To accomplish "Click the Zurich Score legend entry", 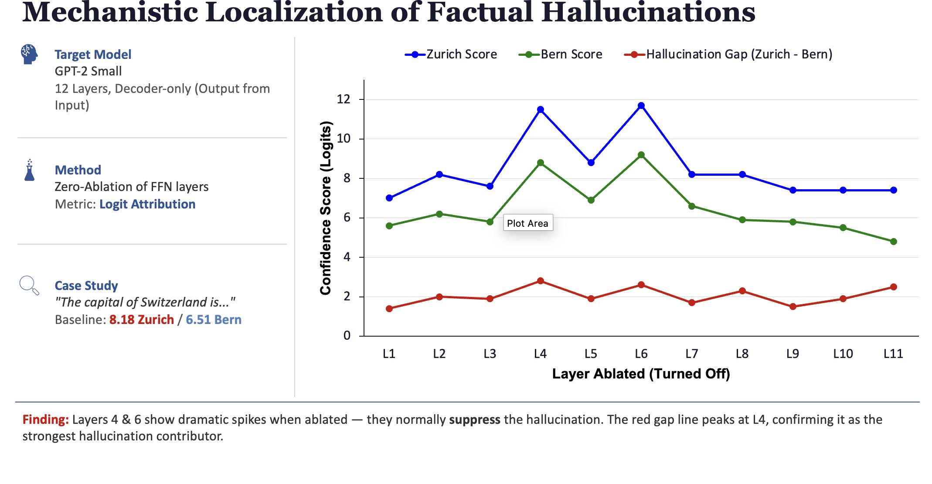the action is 451,55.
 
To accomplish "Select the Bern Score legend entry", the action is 560,55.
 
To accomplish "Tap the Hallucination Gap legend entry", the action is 728,55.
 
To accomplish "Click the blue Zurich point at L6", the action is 641,106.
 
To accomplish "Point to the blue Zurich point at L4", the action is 541,109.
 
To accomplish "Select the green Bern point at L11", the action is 894,242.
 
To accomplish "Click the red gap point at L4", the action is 541,281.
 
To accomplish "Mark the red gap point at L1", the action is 389,309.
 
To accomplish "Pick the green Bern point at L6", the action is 641,155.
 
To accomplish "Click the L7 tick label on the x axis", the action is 692,354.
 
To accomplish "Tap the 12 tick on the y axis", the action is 344,99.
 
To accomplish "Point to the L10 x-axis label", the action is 843,354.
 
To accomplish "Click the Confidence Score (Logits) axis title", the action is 326,208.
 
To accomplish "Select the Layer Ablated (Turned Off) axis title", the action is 641,374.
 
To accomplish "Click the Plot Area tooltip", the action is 528,223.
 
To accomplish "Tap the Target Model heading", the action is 93,55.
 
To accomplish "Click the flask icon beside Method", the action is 30,170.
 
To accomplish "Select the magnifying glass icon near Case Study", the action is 29,286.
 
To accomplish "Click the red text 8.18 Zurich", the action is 142,320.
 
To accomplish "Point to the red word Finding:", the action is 46,419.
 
